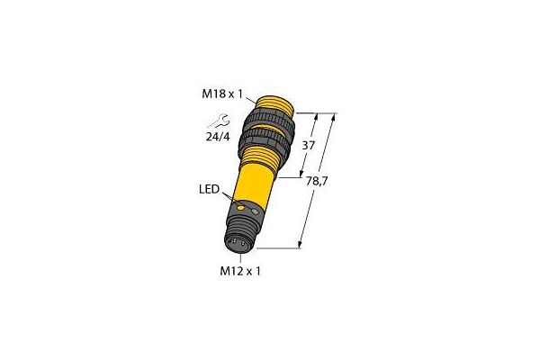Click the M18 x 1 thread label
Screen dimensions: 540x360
pyautogui.click(x=222, y=94)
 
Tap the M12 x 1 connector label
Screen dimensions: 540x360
pyautogui.click(x=240, y=271)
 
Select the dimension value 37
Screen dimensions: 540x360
pyautogui.click(x=308, y=146)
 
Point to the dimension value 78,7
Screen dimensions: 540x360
pyautogui.click(x=317, y=181)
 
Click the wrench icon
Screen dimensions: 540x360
pyautogui.click(x=220, y=121)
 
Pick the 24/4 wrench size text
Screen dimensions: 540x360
pyautogui.click(x=218, y=137)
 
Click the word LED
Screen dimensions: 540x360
pyautogui.click(x=209, y=189)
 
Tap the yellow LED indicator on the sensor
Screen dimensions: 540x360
pyautogui.click(x=241, y=208)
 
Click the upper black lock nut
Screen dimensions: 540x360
pyautogui.click(x=269, y=121)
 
